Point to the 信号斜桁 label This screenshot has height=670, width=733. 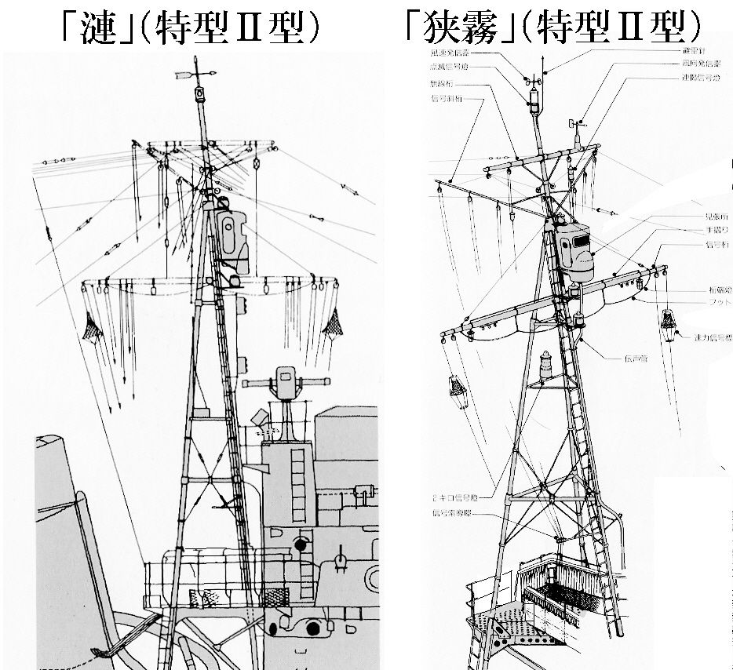[447, 99]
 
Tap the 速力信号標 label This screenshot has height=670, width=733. [711, 338]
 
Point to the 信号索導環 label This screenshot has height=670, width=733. [451, 515]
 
